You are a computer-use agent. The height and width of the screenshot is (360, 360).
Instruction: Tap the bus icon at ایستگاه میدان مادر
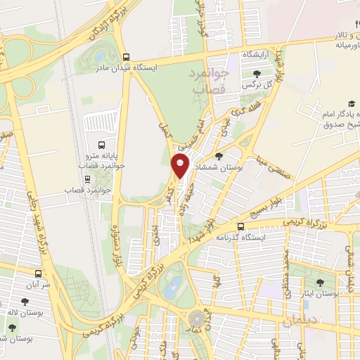click(125, 58)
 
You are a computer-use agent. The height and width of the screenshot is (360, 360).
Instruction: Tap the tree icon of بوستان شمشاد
click(219, 157)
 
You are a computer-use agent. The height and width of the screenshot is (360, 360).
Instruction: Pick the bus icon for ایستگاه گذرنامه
click(241, 226)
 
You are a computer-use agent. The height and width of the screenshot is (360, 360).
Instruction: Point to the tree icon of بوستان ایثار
click(320, 283)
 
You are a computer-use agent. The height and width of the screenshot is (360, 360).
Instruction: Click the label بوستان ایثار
click(320, 292)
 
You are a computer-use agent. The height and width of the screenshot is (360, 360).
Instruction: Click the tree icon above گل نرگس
click(255, 73)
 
